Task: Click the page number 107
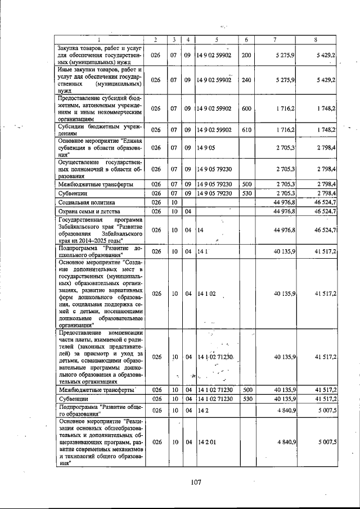pos(196,482)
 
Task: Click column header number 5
pos(215,39)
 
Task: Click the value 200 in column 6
pos(246,55)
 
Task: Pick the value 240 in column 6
pos(246,80)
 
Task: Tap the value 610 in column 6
pos(246,130)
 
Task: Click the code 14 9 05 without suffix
pos(206,147)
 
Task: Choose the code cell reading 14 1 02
pos(207,294)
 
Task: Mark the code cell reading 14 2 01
pos(207,442)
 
